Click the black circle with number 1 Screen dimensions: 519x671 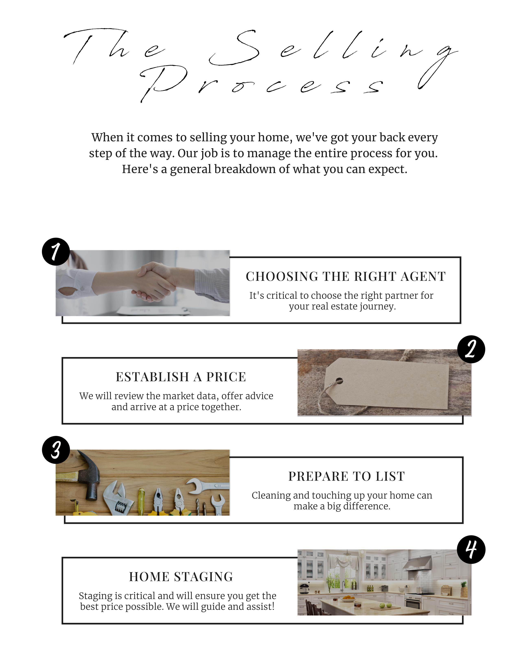pyautogui.click(x=56, y=251)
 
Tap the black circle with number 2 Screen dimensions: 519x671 pyautogui.click(x=471, y=349)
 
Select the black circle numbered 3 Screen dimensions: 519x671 pyautogui.click(x=56, y=450)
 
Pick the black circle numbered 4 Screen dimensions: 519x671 pyautogui.click(x=471, y=550)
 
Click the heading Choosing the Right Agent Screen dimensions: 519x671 pyautogui.click(x=346, y=277)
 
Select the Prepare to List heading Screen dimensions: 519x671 pyautogui.click(x=347, y=476)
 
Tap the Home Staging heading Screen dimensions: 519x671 pyautogui.click(x=181, y=577)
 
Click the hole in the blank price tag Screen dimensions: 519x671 pyautogui.click(x=339, y=381)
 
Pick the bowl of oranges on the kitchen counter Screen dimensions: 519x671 pyautogui.click(x=348, y=598)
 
